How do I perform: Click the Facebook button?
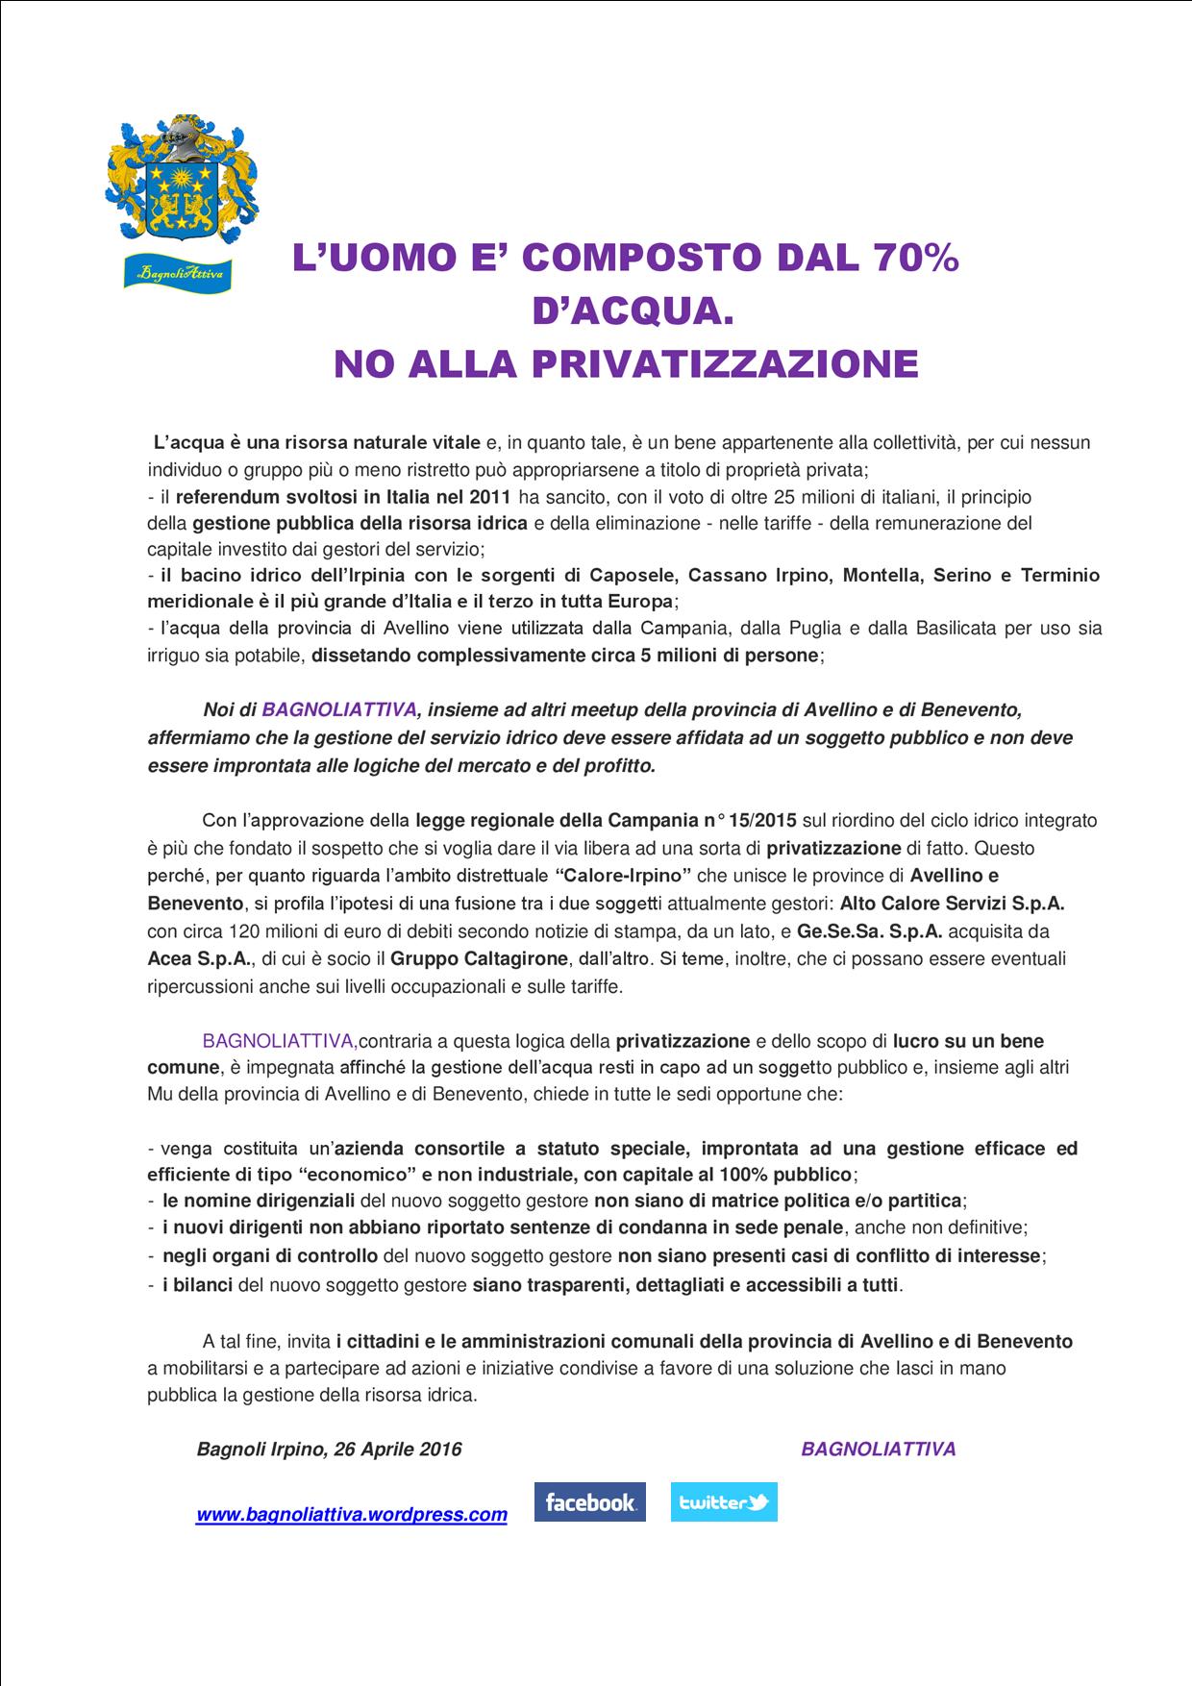coord(589,1501)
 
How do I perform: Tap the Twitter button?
coord(723,1501)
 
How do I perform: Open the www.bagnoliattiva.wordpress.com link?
coord(352,1515)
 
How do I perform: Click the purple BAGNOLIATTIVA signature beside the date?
coord(879,1449)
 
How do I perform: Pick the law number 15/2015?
coord(762,821)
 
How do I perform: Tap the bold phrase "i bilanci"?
coord(197,1284)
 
